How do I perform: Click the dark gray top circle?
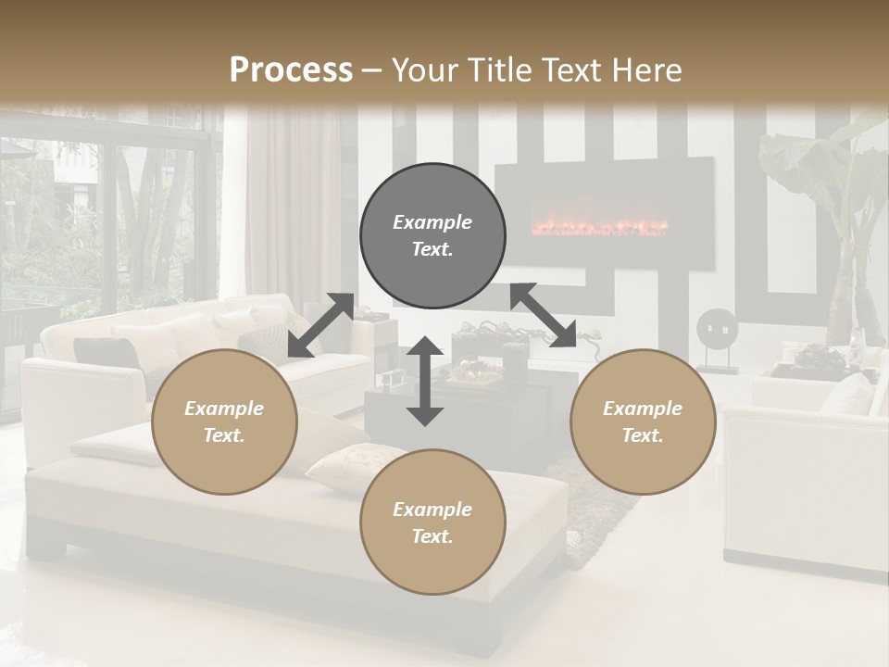pos(432,235)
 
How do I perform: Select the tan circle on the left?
pos(224,422)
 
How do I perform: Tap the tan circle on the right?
pos(643,422)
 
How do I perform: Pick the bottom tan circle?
pos(432,522)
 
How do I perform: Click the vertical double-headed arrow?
pos(425,381)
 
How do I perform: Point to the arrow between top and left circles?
pos(320,325)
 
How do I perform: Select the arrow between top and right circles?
pos(543,315)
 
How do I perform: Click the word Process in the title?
pos(291,69)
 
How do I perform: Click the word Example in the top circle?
pos(432,222)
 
